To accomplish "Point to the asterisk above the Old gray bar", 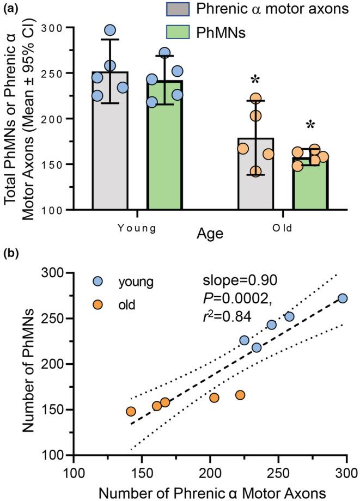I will pos(255,81).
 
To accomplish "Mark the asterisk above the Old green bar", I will pos(310,125).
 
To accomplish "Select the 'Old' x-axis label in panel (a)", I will pos(283,228).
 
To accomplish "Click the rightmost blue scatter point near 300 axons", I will pos(342,298).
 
